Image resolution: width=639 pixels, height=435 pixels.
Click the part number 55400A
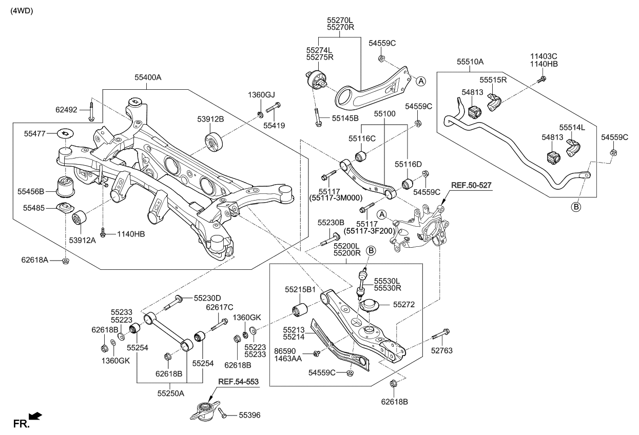[148, 77]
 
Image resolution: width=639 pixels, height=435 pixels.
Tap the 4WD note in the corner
[22, 11]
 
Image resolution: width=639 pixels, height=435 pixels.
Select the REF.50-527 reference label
[471, 184]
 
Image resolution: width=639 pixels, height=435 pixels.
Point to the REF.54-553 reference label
[238, 382]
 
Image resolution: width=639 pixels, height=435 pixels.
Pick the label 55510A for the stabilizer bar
[470, 62]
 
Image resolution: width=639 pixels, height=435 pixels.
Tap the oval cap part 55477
[65, 133]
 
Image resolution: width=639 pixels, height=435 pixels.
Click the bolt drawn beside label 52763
[441, 335]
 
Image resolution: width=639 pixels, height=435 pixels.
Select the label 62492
[66, 109]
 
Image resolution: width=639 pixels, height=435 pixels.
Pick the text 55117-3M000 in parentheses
[336, 197]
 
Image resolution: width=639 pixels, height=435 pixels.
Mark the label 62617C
[219, 307]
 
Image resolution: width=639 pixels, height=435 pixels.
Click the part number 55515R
[493, 80]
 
